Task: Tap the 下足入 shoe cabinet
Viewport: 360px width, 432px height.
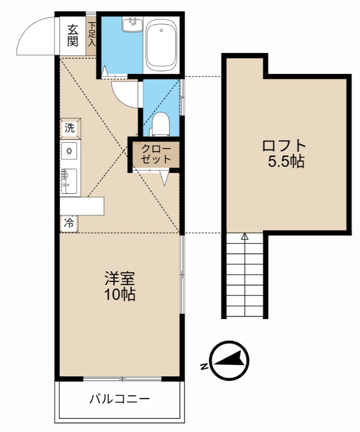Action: coord(92,34)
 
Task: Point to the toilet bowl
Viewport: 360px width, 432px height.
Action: coord(159,125)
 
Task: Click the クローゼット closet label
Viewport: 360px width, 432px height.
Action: coord(156,154)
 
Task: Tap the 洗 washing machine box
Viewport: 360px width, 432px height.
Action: coord(70,128)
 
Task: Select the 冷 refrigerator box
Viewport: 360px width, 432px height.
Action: coord(69,222)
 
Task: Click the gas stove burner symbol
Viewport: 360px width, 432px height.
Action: coord(70,151)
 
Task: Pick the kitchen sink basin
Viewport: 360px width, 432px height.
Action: coord(69,180)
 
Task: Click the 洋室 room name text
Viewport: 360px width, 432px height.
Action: coord(119,279)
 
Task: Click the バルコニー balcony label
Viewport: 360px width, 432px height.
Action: coord(119,400)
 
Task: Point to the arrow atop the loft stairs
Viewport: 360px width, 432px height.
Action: coord(244,237)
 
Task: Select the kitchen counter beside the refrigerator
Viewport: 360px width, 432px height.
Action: coord(81,206)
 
